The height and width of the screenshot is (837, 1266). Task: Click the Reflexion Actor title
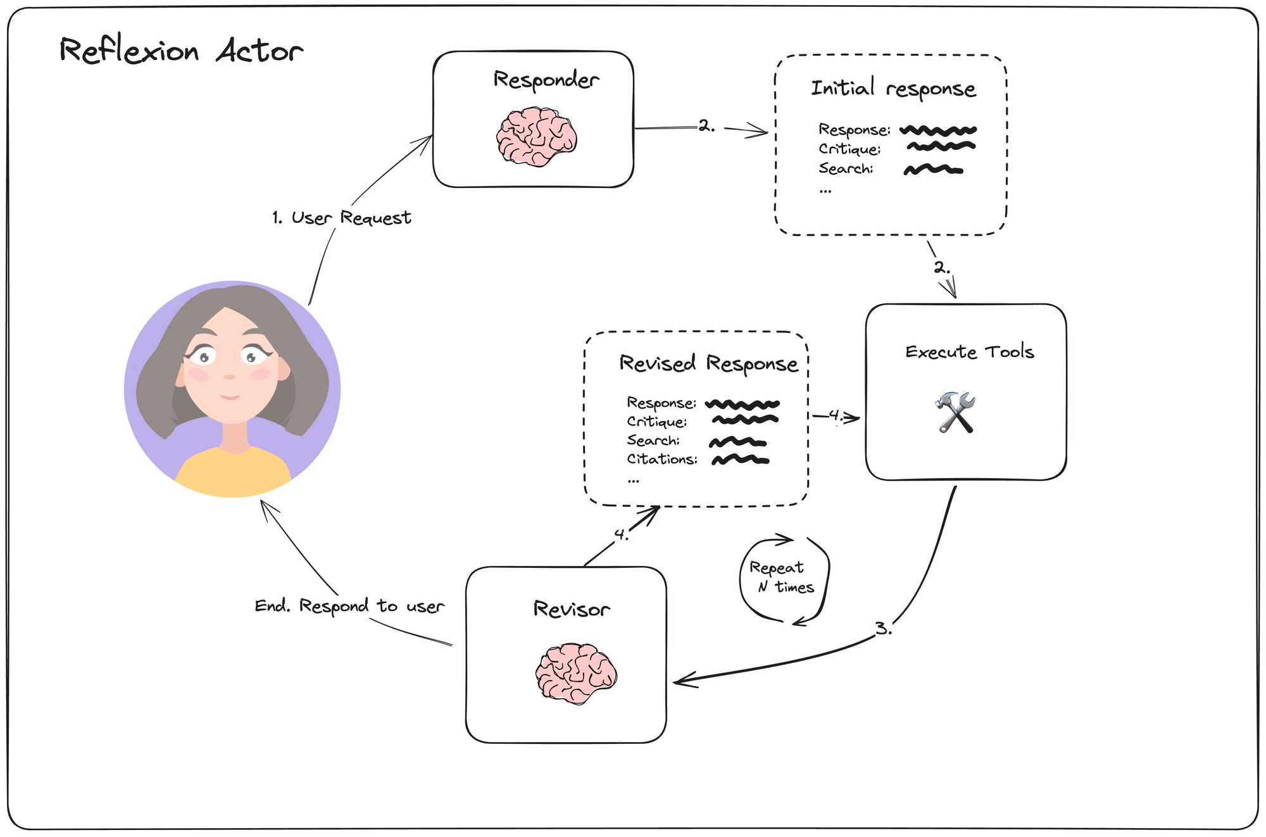click(x=181, y=51)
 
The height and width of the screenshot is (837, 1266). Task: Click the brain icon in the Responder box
click(x=537, y=137)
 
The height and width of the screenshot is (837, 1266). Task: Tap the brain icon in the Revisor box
click(x=576, y=674)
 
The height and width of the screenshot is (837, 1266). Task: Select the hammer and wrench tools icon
click(x=956, y=412)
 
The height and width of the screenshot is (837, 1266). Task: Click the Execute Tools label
click(x=970, y=352)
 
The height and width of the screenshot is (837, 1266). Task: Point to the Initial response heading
click(x=894, y=89)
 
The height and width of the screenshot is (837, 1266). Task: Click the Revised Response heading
click(x=709, y=364)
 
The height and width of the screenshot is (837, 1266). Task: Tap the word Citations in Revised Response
click(x=662, y=459)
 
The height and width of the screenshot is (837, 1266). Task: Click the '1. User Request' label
click(x=342, y=218)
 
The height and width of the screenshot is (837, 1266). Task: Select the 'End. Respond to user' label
click(x=349, y=606)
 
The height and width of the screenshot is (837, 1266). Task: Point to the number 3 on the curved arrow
click(x=883, y=629)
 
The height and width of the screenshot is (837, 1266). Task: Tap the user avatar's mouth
click(x=230, y=397)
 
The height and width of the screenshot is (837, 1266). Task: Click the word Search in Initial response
click(x=846, y=168)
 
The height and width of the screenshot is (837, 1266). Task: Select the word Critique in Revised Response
click(x=657, y=422)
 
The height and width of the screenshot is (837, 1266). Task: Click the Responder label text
click(x=546, y=80)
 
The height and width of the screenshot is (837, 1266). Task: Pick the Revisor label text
click(x=572, y=609)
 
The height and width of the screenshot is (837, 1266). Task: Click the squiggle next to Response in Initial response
click(x=938, y=130)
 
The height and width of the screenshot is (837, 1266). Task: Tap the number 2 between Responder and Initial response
click(x=707, y=126)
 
